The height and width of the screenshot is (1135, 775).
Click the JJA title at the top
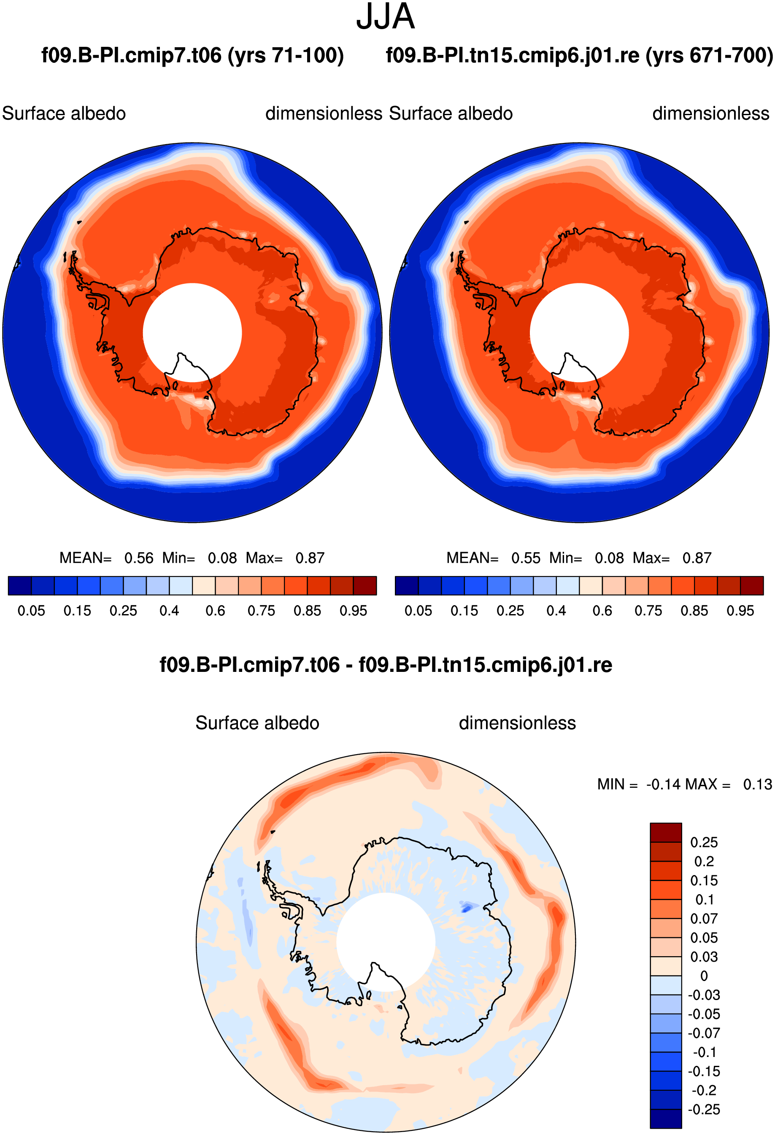click(386, 16)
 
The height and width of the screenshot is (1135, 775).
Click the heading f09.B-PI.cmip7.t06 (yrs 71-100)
click(192, 55)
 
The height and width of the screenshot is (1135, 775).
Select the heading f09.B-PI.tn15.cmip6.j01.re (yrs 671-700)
click(580, 55)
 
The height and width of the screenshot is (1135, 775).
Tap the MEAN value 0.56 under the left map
click(139, 558)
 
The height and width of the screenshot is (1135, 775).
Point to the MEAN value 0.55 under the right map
click(526, 558)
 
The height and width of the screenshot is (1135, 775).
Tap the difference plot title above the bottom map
click(386, 665)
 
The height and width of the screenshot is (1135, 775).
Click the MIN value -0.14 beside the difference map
click(663, 785)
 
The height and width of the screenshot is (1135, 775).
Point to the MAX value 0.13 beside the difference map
click(757, 785)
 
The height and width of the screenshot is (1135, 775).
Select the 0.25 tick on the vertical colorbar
click(704, 842)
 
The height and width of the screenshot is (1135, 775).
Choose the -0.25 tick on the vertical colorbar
click(704, 1109)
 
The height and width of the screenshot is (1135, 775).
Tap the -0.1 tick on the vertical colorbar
click(704, 1052)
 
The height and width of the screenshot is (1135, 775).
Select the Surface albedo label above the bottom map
click(257, 723)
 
